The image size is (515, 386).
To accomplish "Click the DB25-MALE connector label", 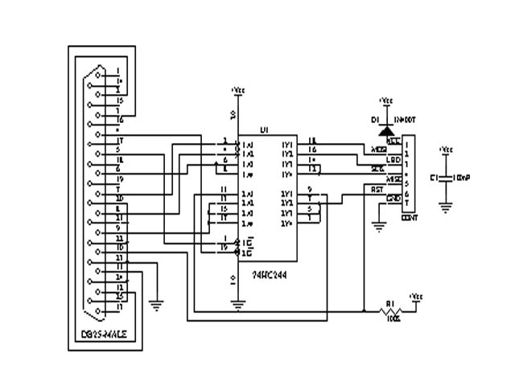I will point(105,334).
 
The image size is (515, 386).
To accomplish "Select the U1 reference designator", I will point(263,129).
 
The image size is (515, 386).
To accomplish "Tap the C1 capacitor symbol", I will point(445,176).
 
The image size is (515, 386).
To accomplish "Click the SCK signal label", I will point(377,169).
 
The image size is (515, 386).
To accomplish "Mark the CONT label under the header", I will point(410,217).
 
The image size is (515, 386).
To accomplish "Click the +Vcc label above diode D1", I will point(385,101).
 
